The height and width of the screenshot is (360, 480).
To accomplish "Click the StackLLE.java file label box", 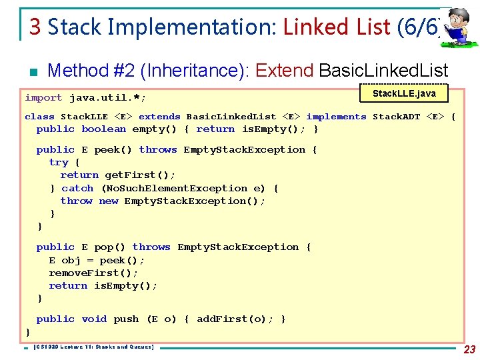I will pos(404,93).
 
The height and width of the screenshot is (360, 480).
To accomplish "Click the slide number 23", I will pos(469,349).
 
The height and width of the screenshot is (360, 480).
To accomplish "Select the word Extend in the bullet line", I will pos(284,70).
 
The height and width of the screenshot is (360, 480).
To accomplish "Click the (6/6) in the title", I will pos(419,27).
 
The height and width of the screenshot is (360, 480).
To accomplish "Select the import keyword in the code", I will pos(43,97).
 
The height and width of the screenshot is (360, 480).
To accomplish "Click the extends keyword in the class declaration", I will pos(159,117).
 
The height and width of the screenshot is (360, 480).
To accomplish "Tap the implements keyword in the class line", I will pos(336,117).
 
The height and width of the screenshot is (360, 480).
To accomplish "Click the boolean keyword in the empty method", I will pos(103,129).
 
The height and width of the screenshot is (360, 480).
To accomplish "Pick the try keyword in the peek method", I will pos(59,162).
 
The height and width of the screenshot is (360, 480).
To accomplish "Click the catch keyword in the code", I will pos(77,188).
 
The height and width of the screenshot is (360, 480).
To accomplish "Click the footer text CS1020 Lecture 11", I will pos(93,347).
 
